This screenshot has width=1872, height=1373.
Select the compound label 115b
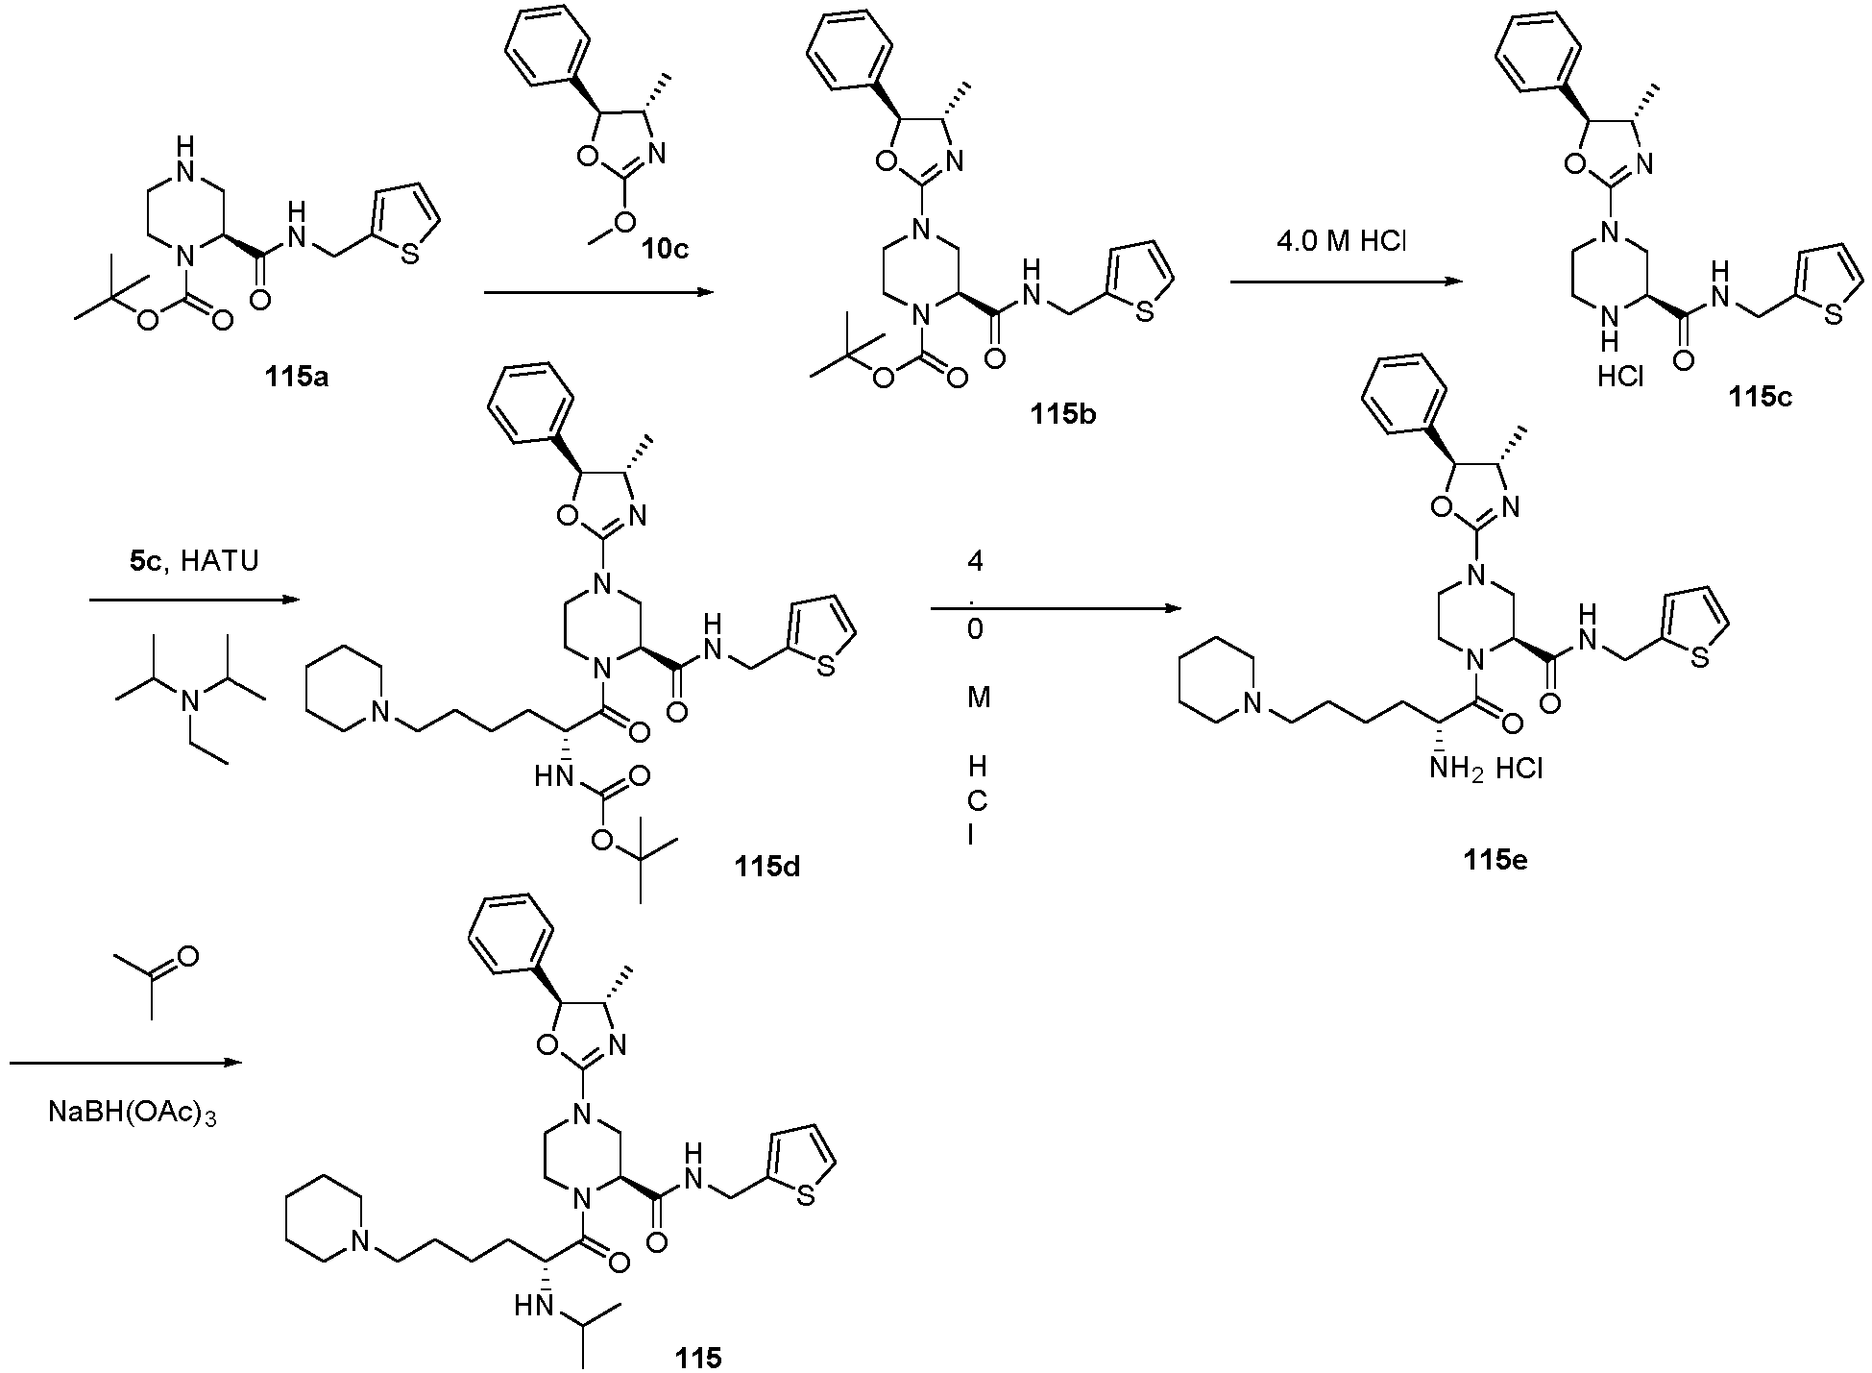click(x=1064, y=414)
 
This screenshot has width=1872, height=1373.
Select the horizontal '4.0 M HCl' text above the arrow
click(x=1341, y=241)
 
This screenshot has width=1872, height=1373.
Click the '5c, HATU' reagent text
click(x=194, y=561)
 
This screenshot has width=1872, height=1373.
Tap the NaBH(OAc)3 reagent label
click(x=132, y=1115)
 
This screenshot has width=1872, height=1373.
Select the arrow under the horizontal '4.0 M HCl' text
click(x=1345, y=281)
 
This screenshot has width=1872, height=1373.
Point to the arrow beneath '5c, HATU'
click(x=194, y=600)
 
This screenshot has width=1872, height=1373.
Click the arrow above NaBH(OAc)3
click(x=125, y=1063)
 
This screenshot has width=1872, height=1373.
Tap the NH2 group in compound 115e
click(x=1455, y=769)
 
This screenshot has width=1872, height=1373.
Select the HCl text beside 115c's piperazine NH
click(x=1619, y=378)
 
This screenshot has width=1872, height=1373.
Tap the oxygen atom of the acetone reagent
click(x=188, y=956)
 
